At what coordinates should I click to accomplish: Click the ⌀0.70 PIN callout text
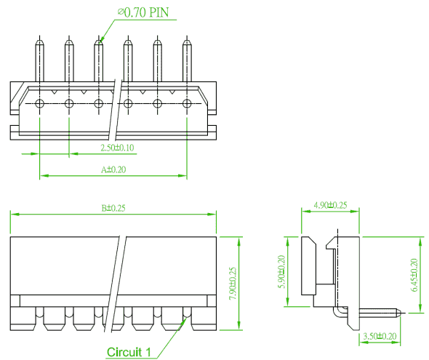[x=143, y=12]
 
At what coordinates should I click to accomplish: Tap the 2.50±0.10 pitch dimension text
[x=117, y=148]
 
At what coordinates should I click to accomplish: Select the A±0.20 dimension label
[x=113, y=169]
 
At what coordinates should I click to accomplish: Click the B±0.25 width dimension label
[x=113, y=208]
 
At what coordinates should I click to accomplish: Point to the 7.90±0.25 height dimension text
[x=233, y=283]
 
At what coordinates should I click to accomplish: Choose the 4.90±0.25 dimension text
[x=330, y=205]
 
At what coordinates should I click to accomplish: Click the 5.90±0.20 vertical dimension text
[x=281, y=272]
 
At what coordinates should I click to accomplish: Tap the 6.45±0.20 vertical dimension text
[x=414, y=275]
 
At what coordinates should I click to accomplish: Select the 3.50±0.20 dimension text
[x=380, y=336]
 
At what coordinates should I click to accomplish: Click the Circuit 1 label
[x=129, y=352]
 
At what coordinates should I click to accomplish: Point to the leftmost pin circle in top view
[x=40, y=104]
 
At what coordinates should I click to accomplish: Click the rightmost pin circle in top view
[x=187, y=104]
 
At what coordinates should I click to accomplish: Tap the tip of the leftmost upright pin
[x=40, y=40]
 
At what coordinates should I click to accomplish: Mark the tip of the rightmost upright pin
[x=187, y=40]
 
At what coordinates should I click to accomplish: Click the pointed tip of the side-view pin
[x=401, y=312]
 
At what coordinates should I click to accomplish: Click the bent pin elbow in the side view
[x=337, y=313]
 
